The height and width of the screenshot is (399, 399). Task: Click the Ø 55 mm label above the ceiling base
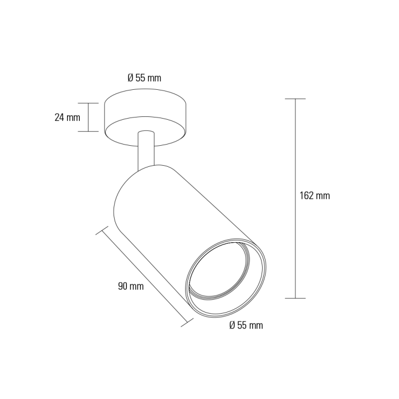click(144, 78)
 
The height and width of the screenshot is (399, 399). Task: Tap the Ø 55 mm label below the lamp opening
click(245, 325)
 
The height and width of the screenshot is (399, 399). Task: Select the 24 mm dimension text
click(68, 117)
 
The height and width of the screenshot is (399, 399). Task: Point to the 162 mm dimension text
click(314, 196)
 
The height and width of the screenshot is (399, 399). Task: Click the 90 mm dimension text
click(131, 286)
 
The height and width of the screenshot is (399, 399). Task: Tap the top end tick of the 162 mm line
click(295, 99)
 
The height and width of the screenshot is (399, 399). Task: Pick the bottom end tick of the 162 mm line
click(295, 298)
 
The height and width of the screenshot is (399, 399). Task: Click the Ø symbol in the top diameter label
click(130, 78)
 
